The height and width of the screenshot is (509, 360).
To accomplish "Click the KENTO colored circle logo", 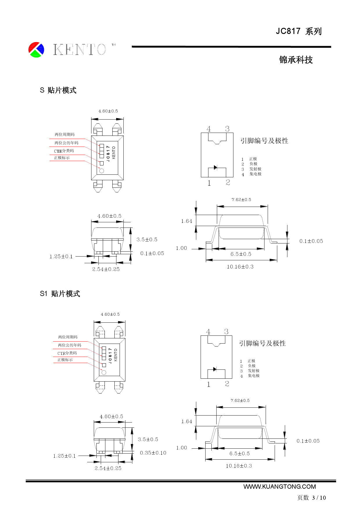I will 36,50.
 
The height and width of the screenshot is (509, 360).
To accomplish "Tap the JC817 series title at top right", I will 298,31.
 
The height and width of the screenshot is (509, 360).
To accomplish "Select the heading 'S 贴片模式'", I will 58,90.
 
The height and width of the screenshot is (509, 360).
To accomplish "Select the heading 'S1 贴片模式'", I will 60,294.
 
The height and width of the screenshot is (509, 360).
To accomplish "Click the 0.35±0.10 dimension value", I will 153,453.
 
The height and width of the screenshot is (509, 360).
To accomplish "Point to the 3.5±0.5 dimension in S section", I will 147,239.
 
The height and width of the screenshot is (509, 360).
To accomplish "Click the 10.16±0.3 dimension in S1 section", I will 239,466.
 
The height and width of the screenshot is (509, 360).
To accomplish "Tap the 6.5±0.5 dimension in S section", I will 241,254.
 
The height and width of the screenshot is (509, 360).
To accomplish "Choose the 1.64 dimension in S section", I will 186,221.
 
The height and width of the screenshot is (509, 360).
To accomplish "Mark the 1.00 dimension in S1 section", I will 181,448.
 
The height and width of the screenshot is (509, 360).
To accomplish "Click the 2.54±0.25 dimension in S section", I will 106,269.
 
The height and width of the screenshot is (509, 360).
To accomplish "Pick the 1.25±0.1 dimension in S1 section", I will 64,456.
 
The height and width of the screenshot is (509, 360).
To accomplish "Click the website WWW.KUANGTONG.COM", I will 279,487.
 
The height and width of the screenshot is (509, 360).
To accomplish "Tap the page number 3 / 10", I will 319,498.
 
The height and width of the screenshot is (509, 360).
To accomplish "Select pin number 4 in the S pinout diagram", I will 208,129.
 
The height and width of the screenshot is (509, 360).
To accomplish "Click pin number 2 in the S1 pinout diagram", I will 227,384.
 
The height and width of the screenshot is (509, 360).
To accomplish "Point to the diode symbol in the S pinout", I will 215,167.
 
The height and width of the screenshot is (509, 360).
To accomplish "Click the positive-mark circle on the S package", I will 102,171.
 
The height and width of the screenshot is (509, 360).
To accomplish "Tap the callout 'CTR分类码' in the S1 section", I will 67,353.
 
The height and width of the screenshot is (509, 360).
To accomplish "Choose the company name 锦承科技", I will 296,60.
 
